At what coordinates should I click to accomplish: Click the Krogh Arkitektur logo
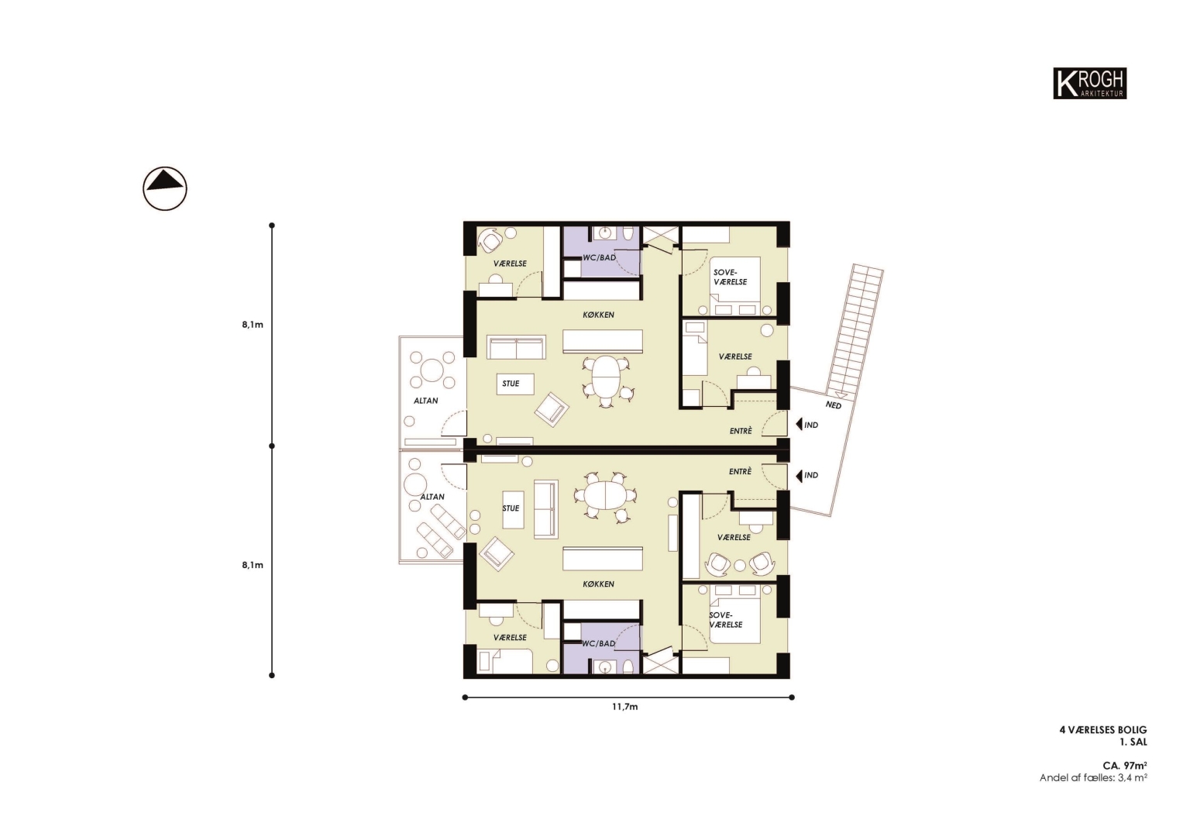(1089, 83)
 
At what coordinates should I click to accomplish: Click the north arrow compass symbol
(165, 188)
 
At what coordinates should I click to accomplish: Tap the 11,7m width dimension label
(624, 707)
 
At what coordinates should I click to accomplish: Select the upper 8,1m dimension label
(253, 325)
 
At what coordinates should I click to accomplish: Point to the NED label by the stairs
(833, 405)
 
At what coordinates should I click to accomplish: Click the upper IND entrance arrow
(799, 425)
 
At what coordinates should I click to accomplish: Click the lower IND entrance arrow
(799, 476)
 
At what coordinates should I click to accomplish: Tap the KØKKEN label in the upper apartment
(598, 315)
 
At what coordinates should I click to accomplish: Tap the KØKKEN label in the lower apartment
(598, 584)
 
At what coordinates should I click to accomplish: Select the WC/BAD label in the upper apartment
(599, 258)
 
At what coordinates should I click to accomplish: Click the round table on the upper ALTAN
(432, 370)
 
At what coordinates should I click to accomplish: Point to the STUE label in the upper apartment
(511, 384)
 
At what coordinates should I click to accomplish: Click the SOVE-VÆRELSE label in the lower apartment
(726, 620)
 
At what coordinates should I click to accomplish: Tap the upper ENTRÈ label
(741, 431)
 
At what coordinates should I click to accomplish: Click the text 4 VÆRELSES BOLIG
(1103, 730)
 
